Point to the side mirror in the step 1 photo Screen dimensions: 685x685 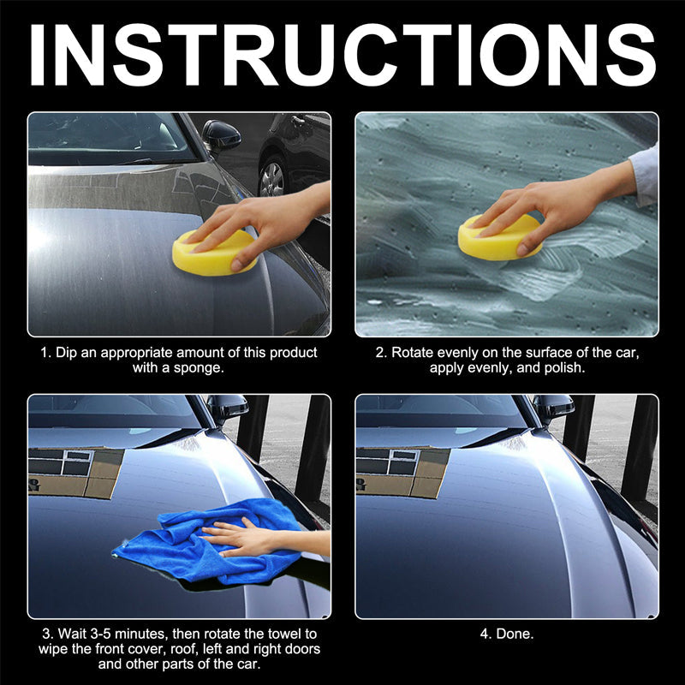click(x=221, y=134)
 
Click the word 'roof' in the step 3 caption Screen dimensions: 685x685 click(x=176, y=649)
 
